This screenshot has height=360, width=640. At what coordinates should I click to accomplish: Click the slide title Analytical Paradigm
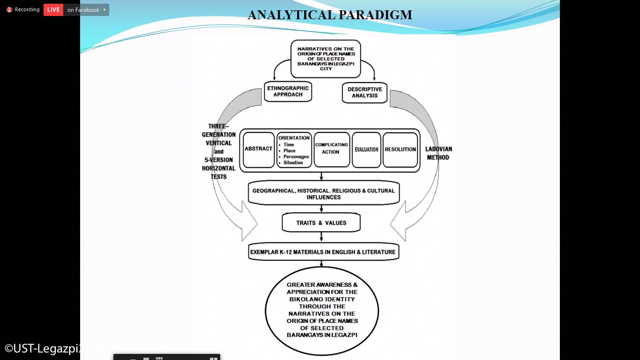[330, 15]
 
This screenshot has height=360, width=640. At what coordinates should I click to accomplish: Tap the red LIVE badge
[53, 10]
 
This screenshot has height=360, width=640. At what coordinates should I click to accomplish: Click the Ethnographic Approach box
[288, 91]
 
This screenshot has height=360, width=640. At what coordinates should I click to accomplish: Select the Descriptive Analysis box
[365, 92]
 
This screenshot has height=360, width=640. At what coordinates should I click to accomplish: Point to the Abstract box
[258, 149]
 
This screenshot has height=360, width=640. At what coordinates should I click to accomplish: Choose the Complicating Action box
[331, 149]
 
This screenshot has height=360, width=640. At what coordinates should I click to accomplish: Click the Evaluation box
[366, 150]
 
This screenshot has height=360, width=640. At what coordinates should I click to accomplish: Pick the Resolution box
[400, 150]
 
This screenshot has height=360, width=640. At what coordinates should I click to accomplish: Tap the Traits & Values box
[321, 223]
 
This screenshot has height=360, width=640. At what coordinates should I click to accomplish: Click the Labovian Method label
[439, 153]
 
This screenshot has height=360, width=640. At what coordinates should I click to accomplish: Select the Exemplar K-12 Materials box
[323, 252]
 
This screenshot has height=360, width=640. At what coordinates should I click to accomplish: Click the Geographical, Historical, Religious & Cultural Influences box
[323, 194]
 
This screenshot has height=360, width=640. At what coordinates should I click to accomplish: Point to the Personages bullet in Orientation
[296, 157]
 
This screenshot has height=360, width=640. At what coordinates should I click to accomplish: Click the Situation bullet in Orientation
[293, 163]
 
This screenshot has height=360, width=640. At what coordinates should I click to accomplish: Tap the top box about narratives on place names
[326, 59]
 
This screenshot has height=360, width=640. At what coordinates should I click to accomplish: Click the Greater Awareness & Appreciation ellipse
[322, 310]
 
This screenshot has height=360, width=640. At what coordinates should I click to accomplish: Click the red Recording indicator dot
[9, 10]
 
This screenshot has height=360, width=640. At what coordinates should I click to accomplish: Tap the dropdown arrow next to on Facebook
[104, 10]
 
